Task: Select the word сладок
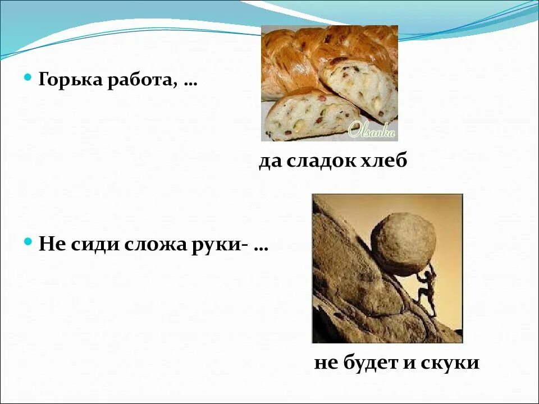322,162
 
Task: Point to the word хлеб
386,162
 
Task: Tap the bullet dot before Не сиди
29,243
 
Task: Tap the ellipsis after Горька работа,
190,83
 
